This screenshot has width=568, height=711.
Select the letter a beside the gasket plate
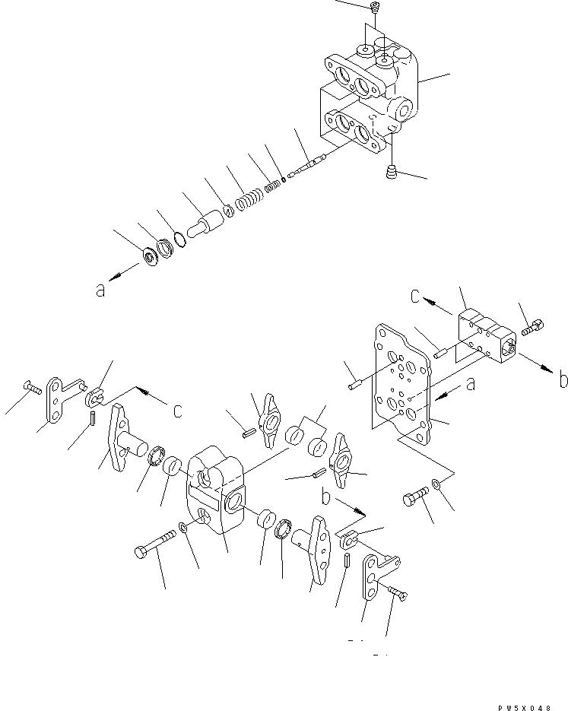[471, 386]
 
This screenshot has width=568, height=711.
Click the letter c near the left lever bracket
[177, 410]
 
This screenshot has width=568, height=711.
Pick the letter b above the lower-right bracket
[325, 497]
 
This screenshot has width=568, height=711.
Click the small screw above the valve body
[374, 8]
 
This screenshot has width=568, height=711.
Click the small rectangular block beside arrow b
[486, 335]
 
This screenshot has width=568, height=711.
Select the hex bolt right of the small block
[533, 329]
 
